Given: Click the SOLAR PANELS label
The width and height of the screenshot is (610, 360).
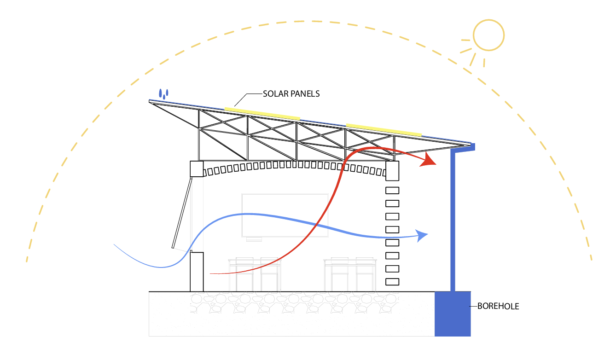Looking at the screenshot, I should click(291, 93).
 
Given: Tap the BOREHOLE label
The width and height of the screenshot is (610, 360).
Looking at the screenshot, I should click(498, 306).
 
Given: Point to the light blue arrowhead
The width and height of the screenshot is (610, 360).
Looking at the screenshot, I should click(422, 236).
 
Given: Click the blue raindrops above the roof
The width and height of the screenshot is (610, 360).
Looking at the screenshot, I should click(164, 93).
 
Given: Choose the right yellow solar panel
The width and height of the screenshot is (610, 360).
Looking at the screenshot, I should click(383, 130).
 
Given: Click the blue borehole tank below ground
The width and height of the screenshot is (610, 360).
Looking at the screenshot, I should click(453, 313).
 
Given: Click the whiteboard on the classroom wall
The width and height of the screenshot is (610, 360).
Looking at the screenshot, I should click(285, 215).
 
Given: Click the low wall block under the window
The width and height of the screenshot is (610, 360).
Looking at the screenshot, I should click(197, 272).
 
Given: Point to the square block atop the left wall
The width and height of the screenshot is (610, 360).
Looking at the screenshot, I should click(197, 169).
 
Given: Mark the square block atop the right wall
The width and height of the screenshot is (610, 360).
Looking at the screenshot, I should click(392, 171).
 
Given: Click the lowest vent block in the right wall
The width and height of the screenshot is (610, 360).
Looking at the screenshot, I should click(392, 282).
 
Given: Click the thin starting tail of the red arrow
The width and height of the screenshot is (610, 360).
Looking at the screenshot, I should click(216, 273).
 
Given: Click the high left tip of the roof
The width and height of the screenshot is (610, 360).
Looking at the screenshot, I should click(151, 101).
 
